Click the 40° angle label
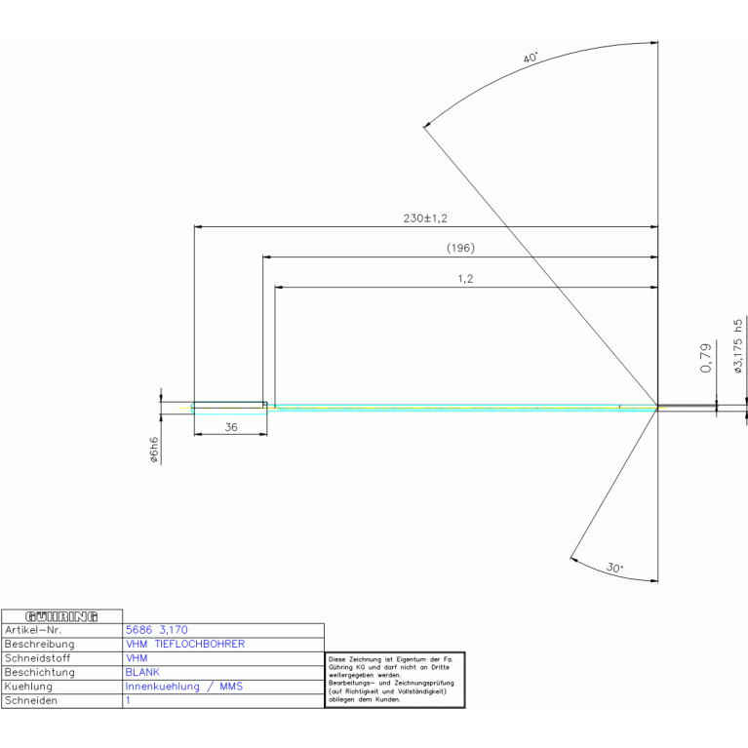(531, 59)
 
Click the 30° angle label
(614, 568)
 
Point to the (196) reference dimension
(460, 248)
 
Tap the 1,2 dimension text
(465, 279)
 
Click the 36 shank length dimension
(231, 427)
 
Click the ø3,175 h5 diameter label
(738, 346)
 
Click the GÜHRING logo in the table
(62, 616)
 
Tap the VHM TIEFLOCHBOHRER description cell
(185, 644)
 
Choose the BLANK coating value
(142, 672)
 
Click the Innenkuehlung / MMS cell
(183, 687)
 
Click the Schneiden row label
(31, 700)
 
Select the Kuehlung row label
(30, 687)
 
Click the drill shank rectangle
(229, 405)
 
